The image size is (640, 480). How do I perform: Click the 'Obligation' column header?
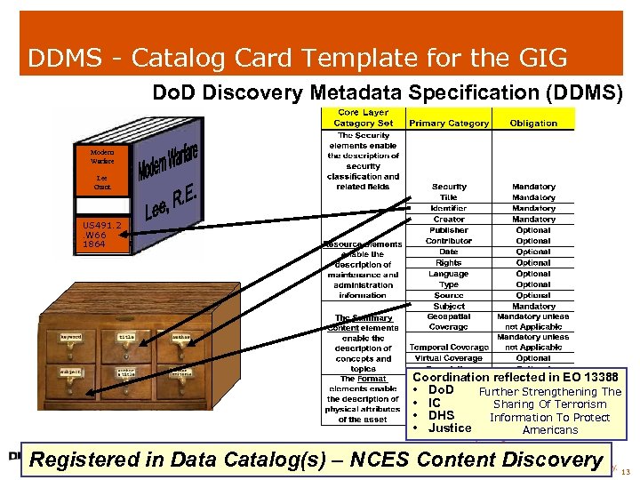click(533, 124)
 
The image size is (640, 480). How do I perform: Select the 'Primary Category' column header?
click(449, 124)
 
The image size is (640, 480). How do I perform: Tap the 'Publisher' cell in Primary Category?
click(449, 230)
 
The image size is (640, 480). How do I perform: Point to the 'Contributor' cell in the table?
click(449, 241)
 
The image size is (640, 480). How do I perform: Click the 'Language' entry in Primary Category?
click(449, 274)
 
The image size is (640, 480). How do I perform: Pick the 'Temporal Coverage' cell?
click(449, 348)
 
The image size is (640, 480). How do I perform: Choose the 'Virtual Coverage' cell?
click(449, 358)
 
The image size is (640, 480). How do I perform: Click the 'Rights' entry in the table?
click(449, 263)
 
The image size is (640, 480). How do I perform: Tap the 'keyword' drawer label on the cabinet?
click(71, 337)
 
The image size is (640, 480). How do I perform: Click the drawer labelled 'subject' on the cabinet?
click(71, 371)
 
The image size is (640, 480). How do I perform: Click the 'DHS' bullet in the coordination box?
click(441, 415)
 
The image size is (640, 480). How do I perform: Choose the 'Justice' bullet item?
click(450, 428)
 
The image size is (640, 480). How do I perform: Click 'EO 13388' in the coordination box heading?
click(588, 378)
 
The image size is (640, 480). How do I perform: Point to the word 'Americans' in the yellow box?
click(550, 430)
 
